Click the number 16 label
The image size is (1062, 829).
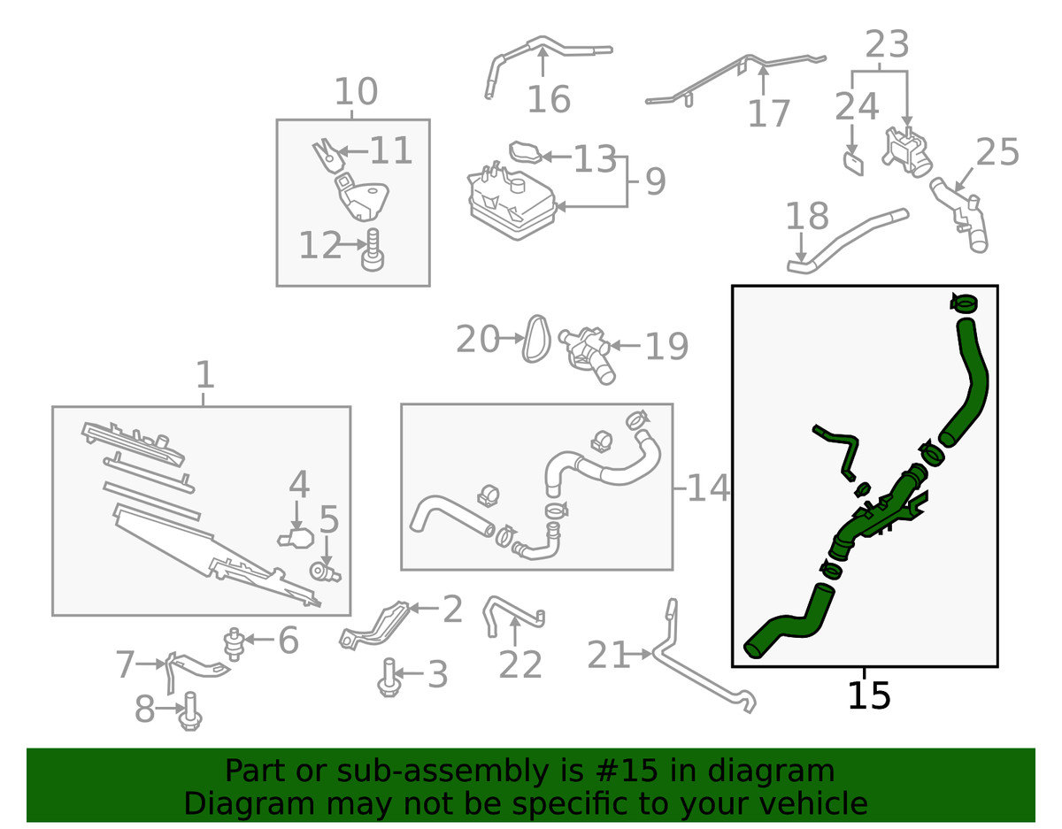point(549,100)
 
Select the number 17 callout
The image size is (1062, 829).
point(768,114)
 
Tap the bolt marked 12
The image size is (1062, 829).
point(373,250)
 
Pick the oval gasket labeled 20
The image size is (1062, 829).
point(535,338)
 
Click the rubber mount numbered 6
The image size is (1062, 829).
point(235,642)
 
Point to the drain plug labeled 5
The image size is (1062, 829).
point(326,572)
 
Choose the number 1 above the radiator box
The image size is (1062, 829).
point(204,375)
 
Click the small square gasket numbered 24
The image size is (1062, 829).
point(852,163)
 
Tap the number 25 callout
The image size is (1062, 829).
point(997,153)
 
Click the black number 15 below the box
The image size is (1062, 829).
point(868,695)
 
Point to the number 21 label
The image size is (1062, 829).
point(611,656)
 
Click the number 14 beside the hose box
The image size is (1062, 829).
point(709,488)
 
